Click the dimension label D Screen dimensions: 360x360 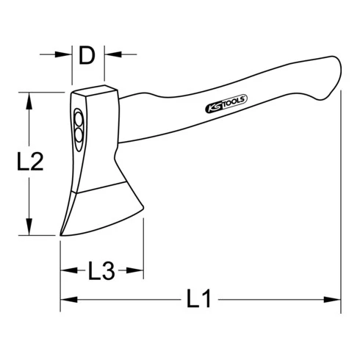87,56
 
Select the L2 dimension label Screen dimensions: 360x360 30,161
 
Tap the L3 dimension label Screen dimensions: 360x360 101,270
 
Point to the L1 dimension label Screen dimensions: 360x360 198,298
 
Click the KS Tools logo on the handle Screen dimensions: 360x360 226,104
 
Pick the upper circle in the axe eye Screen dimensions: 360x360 79,120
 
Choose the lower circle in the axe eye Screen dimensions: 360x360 79,135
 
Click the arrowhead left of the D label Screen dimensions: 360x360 63,54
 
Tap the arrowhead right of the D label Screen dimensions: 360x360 113,54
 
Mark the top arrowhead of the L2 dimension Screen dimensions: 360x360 29,101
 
